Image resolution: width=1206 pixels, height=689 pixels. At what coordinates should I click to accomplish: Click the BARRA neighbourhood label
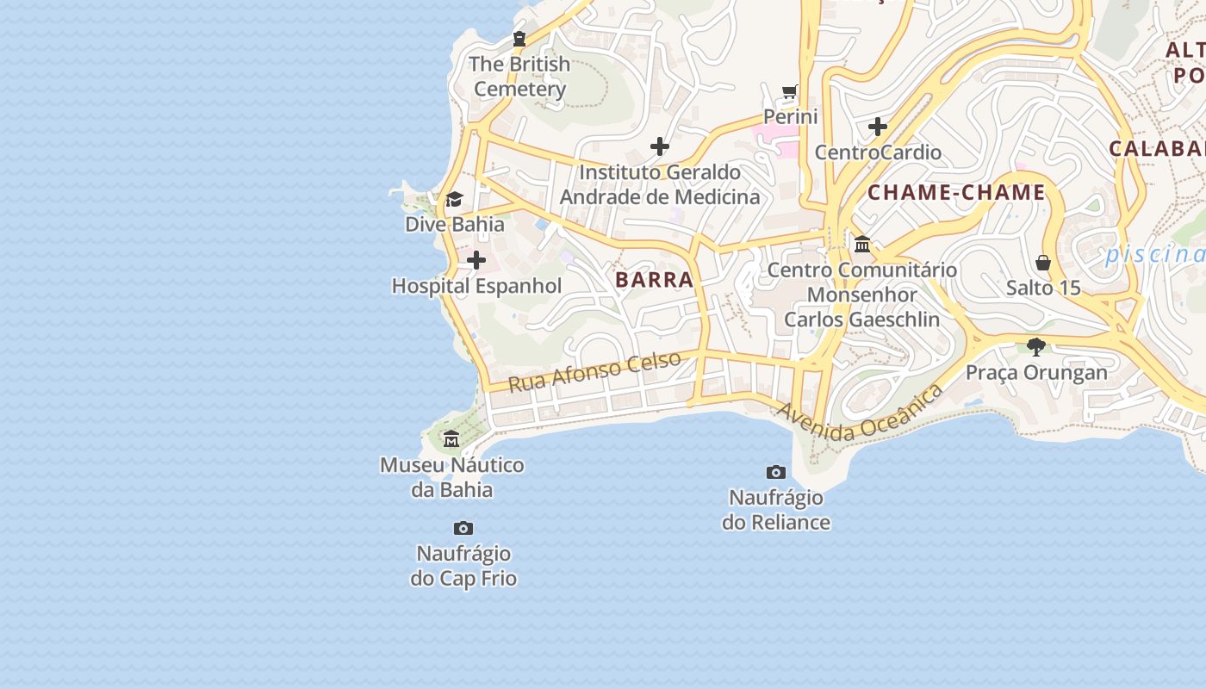coord(655,279)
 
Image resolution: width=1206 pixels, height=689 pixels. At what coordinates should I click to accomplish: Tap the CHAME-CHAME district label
coord(956,192)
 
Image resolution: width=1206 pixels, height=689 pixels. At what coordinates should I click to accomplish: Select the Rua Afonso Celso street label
coord(594,371)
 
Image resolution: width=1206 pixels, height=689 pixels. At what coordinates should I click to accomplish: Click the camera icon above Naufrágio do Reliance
coord(776,472)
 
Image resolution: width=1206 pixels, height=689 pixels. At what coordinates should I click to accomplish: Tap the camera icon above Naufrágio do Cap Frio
coord(463,528)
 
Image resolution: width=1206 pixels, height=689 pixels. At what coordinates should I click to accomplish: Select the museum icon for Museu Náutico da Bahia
coord(451,440)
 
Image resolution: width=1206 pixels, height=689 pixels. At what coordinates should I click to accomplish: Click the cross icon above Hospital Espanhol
coord(476,260)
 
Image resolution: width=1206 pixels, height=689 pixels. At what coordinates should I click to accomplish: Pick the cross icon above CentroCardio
coord(878,127)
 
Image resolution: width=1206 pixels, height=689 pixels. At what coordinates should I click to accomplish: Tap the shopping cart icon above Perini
coord(790,91)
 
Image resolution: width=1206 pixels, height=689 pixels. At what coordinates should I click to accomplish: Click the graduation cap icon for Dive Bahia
coord(454,200)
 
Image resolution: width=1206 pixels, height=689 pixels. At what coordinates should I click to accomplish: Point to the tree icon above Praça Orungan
coord(1036,347)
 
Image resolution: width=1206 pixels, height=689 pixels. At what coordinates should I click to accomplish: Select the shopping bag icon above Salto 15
coord(1043,262)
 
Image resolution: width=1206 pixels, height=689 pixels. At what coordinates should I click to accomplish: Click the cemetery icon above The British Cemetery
coord(519,39)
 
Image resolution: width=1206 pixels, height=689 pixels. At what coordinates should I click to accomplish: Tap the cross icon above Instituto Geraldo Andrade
coord(660,146)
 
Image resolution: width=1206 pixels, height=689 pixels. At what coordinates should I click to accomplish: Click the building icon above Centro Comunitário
coord(862,245)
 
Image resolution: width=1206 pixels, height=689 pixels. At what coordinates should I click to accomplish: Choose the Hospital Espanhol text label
coord(476,286)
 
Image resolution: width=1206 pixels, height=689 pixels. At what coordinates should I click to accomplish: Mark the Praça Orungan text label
coord(1036,372)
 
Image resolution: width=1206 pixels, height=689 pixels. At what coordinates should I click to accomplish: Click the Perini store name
coord(791,116)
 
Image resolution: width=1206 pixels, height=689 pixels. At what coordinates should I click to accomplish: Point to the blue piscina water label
coord(1154,254)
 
